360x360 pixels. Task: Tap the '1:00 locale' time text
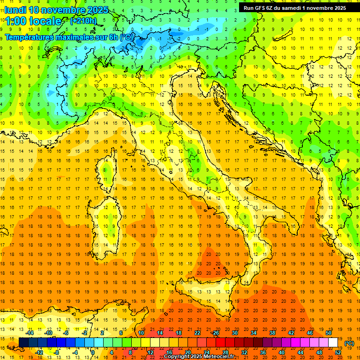point(33,21)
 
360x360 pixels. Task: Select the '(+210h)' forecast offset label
point(83,21)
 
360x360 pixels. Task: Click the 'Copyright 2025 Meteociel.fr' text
point(199,356)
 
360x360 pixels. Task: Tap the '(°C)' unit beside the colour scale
point(349,343)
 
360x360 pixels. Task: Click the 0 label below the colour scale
point(93,352)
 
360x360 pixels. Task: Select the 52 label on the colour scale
point(338,352)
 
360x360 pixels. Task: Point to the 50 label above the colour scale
point(329,333)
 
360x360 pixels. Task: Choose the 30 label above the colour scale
point(235,333)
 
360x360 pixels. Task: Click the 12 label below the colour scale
point(150,352)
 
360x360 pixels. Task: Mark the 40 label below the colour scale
point(282,352)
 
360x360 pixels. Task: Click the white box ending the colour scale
point(333,343)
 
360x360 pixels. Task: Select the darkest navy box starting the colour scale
point(23,343)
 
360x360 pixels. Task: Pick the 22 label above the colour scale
point(197,333)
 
